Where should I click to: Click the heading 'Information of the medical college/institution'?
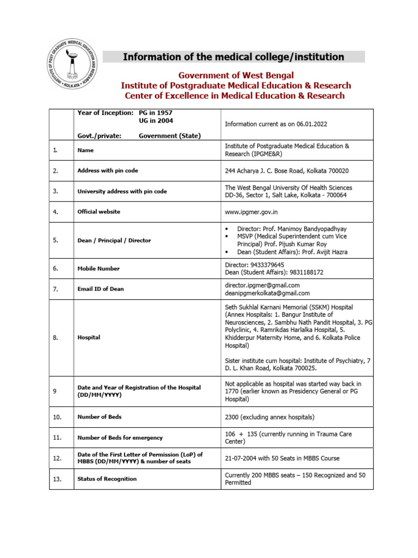[233, 57]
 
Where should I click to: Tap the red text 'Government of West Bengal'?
[236, 75]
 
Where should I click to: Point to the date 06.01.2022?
[312, 124]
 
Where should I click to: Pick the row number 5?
[56, 240]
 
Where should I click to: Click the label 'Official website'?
[99, 211]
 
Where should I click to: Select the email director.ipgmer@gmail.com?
[262, 285]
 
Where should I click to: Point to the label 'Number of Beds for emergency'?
[120, 438]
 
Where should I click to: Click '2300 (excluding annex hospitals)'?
[270, 417]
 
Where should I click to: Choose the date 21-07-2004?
[242, 458]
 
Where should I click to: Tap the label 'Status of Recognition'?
[107, 479]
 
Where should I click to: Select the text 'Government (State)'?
[169, 136]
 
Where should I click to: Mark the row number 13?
[57, 479]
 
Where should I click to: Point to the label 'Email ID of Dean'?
[100, 289]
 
